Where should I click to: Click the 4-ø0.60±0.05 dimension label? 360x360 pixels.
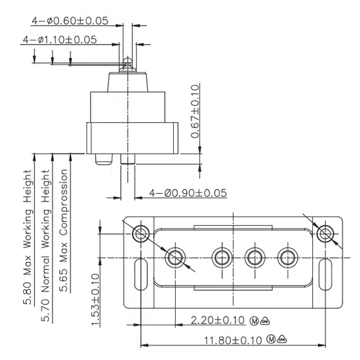(70, 20)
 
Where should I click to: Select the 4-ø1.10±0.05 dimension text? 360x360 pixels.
(60, 39)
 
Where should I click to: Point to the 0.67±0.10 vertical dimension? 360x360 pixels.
(195, 111)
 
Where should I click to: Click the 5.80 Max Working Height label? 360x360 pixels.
(28, 232)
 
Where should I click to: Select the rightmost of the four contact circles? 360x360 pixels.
(288, 257)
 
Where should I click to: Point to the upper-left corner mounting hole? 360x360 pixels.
(140, 233)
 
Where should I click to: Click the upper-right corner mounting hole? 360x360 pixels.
(325, 233)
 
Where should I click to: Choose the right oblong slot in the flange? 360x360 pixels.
(325, 275)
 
